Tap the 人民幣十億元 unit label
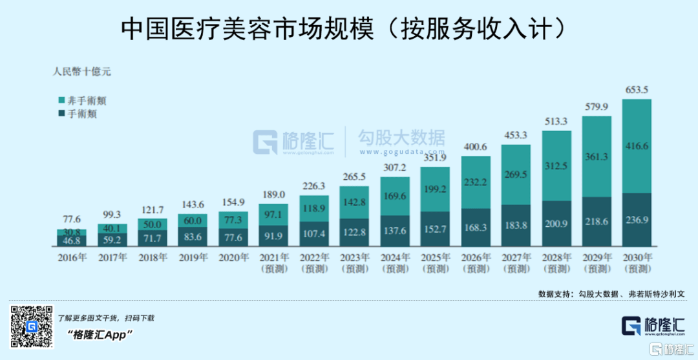point(81,72)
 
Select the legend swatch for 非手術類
point(61,100)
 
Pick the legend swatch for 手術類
point(61,114)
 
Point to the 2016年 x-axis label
point(71,257)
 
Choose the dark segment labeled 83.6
point(193,237)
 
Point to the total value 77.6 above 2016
point(71,219)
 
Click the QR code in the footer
point(30,327)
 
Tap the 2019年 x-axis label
point(193,257)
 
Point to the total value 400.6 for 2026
point(475,147)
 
